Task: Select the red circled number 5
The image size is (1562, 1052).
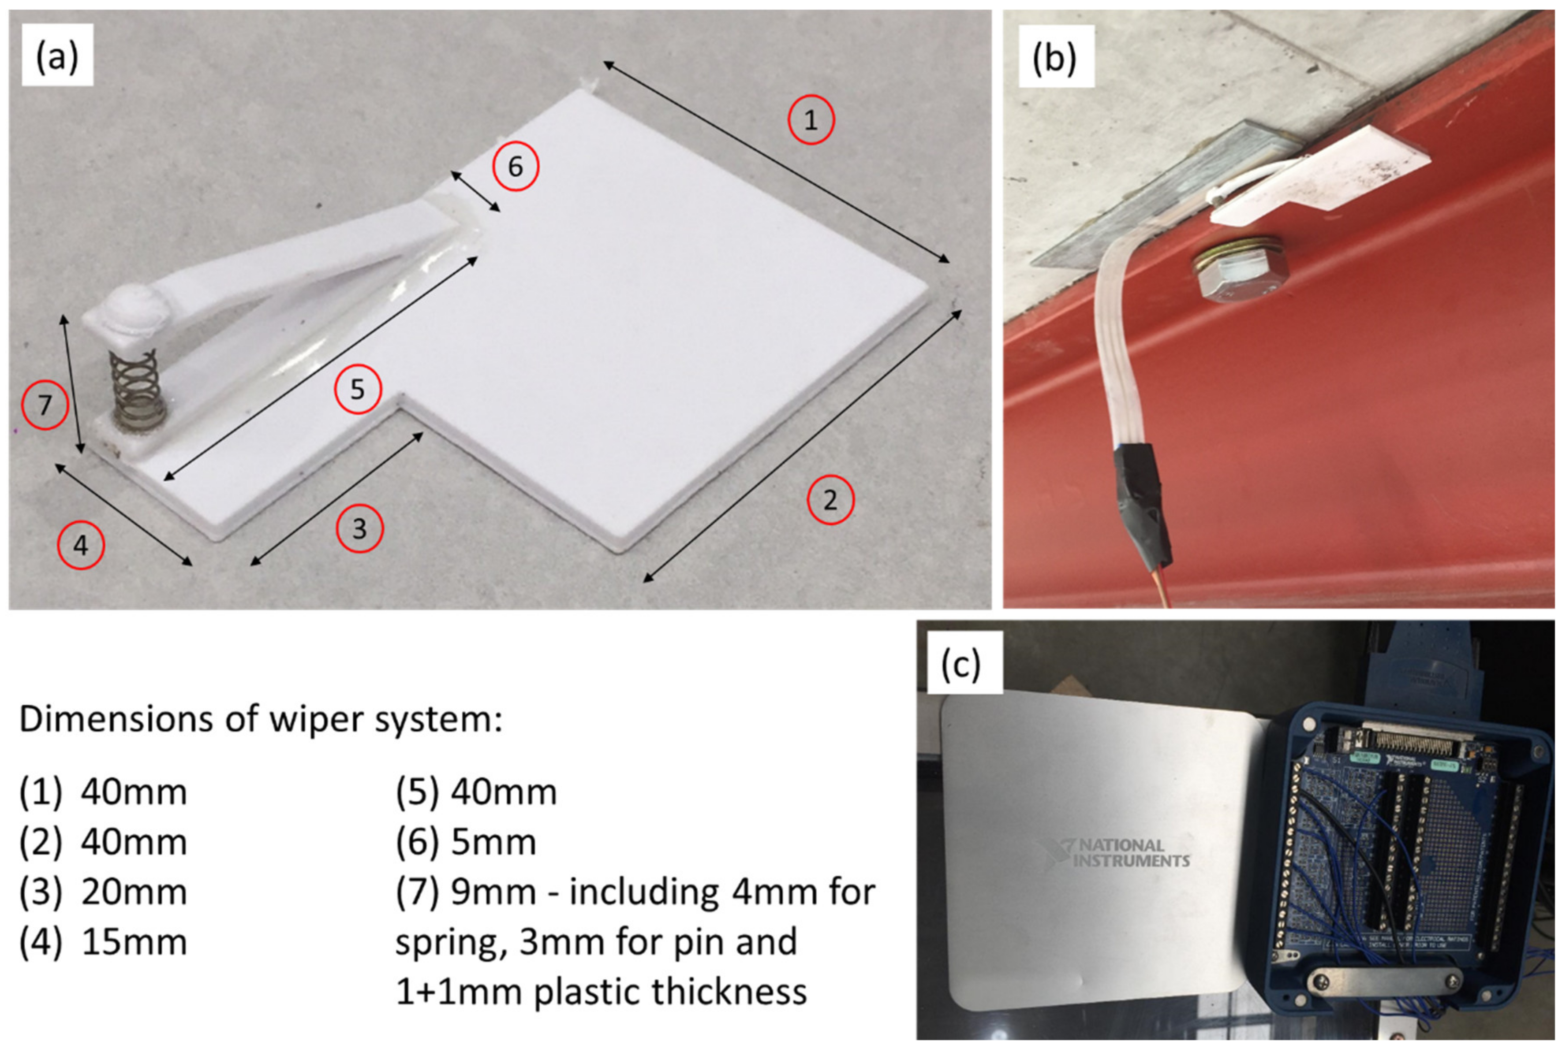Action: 358,389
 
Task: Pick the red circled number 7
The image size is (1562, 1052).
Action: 45,405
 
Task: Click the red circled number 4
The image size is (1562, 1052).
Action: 81,546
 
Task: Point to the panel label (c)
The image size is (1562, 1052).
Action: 961,664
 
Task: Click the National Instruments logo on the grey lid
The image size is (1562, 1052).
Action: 1115,853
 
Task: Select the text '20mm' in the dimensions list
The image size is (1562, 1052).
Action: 134,892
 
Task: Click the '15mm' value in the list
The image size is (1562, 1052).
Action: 134,943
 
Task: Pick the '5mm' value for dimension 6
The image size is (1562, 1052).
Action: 493,843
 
